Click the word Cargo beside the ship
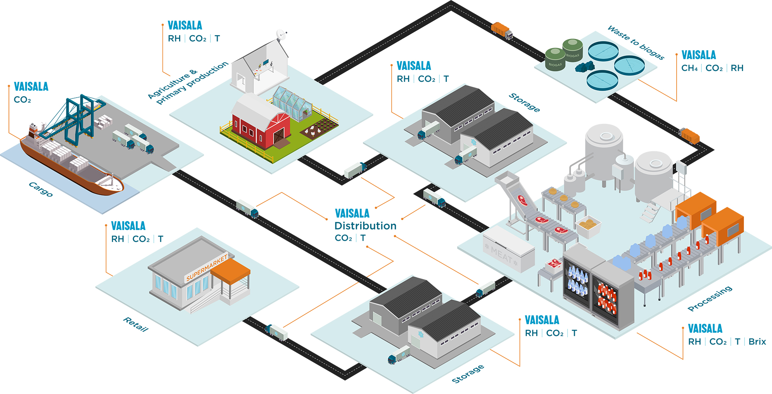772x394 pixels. pyautogui.click(x=41, y=189)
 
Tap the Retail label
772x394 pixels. pyautogui.click(x=135, y=324)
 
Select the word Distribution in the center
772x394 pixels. pyautogui.click(x=365, y=226)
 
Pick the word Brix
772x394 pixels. pyautogui.click(x=757, y=342)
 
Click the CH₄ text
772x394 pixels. pyautogui.click(x=689, y=68)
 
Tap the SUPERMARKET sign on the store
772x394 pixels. pyautogui.click(x=207, y=267)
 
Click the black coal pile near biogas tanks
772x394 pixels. pyautogui.click(x=584, y=67)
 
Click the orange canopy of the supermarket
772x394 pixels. pyautogui.click(x=231, y=270)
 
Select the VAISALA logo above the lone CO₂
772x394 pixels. pyautogui.click(x=31, y=86)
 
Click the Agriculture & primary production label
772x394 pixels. pyautogui.click(x=188, y=83)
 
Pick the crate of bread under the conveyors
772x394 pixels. pyautogui.click(x=588, y=226)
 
